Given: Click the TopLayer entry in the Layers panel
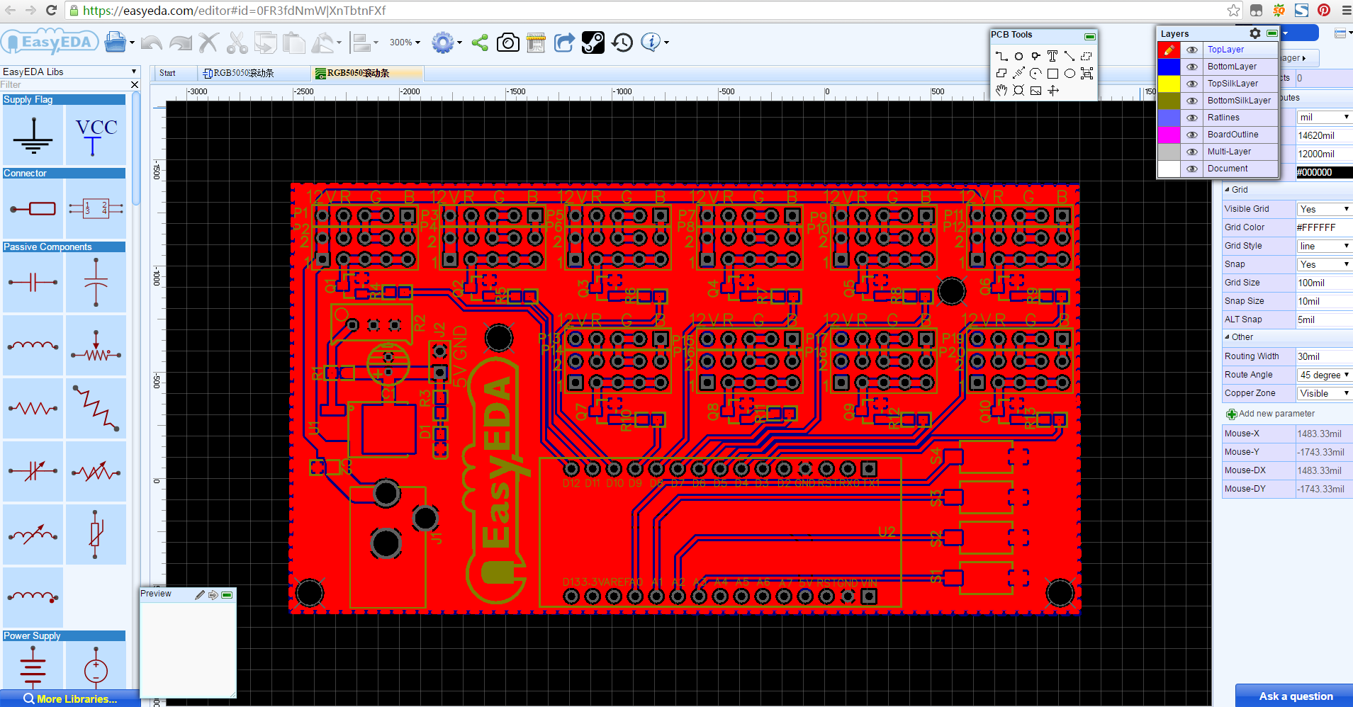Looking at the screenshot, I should pos(1225,50).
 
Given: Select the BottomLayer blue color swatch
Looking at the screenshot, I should pos(1168,67).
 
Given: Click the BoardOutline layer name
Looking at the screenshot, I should pos(1233,135).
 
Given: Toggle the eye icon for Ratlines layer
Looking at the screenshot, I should pos(1192,118).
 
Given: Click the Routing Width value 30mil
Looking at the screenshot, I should pos(1323,356).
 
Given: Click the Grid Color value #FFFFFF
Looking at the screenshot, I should pos(1323,227).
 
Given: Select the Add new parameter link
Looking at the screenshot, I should pos(1276,414).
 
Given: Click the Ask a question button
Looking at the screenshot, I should pos(1295,696).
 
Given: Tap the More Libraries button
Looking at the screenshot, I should pos(70,699).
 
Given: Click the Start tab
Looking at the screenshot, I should pos(167,73).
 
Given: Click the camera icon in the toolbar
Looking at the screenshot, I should pos(507,43).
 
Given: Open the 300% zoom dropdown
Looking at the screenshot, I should pos(405,43).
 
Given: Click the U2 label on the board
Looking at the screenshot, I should pos(886,532).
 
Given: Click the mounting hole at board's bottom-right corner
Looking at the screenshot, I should pos(1060,593).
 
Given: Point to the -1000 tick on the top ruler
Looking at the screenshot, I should pos(623,91).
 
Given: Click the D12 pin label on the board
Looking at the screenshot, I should pos(571,483).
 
